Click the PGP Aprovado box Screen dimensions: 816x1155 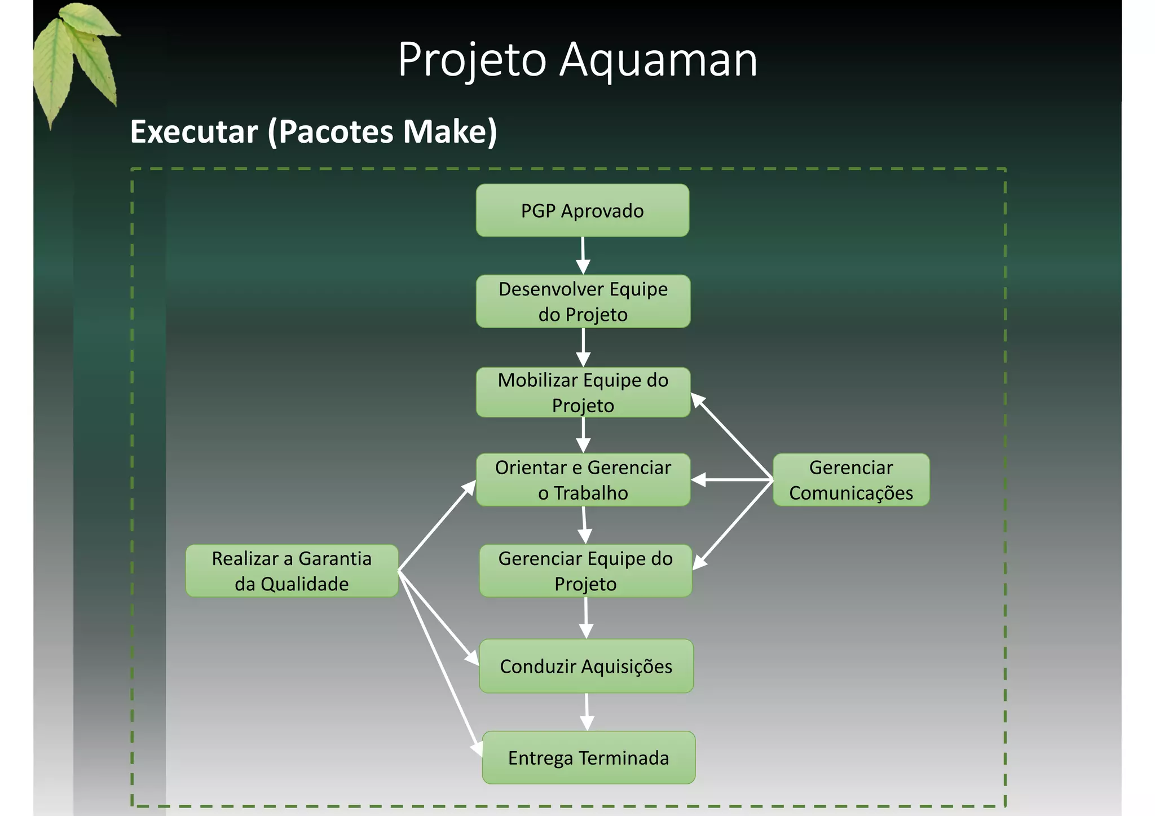[582, 210]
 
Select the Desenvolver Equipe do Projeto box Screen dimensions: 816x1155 [583, 301]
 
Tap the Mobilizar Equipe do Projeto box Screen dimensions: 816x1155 [583, 392]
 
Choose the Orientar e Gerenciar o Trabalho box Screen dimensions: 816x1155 [583, 480]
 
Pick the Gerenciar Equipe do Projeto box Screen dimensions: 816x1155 [585, 571]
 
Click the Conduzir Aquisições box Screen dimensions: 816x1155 [586, 666]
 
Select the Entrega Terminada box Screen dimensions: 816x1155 [588, 758]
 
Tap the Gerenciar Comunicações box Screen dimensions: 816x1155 [850, 480]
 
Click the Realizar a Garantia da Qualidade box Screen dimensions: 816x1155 [292, 571]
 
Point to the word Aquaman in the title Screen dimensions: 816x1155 [658, 60]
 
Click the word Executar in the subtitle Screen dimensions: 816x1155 [194, 132]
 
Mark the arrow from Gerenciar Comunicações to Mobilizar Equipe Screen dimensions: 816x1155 [732, 436]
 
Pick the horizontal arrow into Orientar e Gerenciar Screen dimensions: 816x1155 [731, 480]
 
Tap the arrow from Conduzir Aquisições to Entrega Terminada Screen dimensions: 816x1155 [587, 712]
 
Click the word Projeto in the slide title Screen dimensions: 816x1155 [472, 60]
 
